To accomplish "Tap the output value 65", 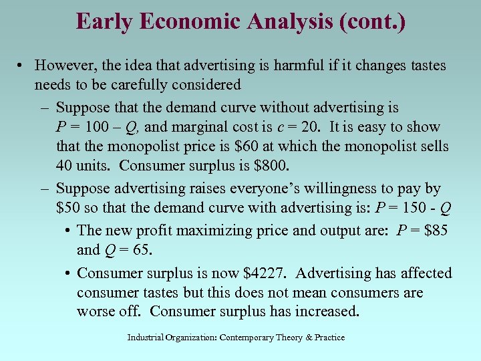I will pyautogui.click(x=140, y=250).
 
